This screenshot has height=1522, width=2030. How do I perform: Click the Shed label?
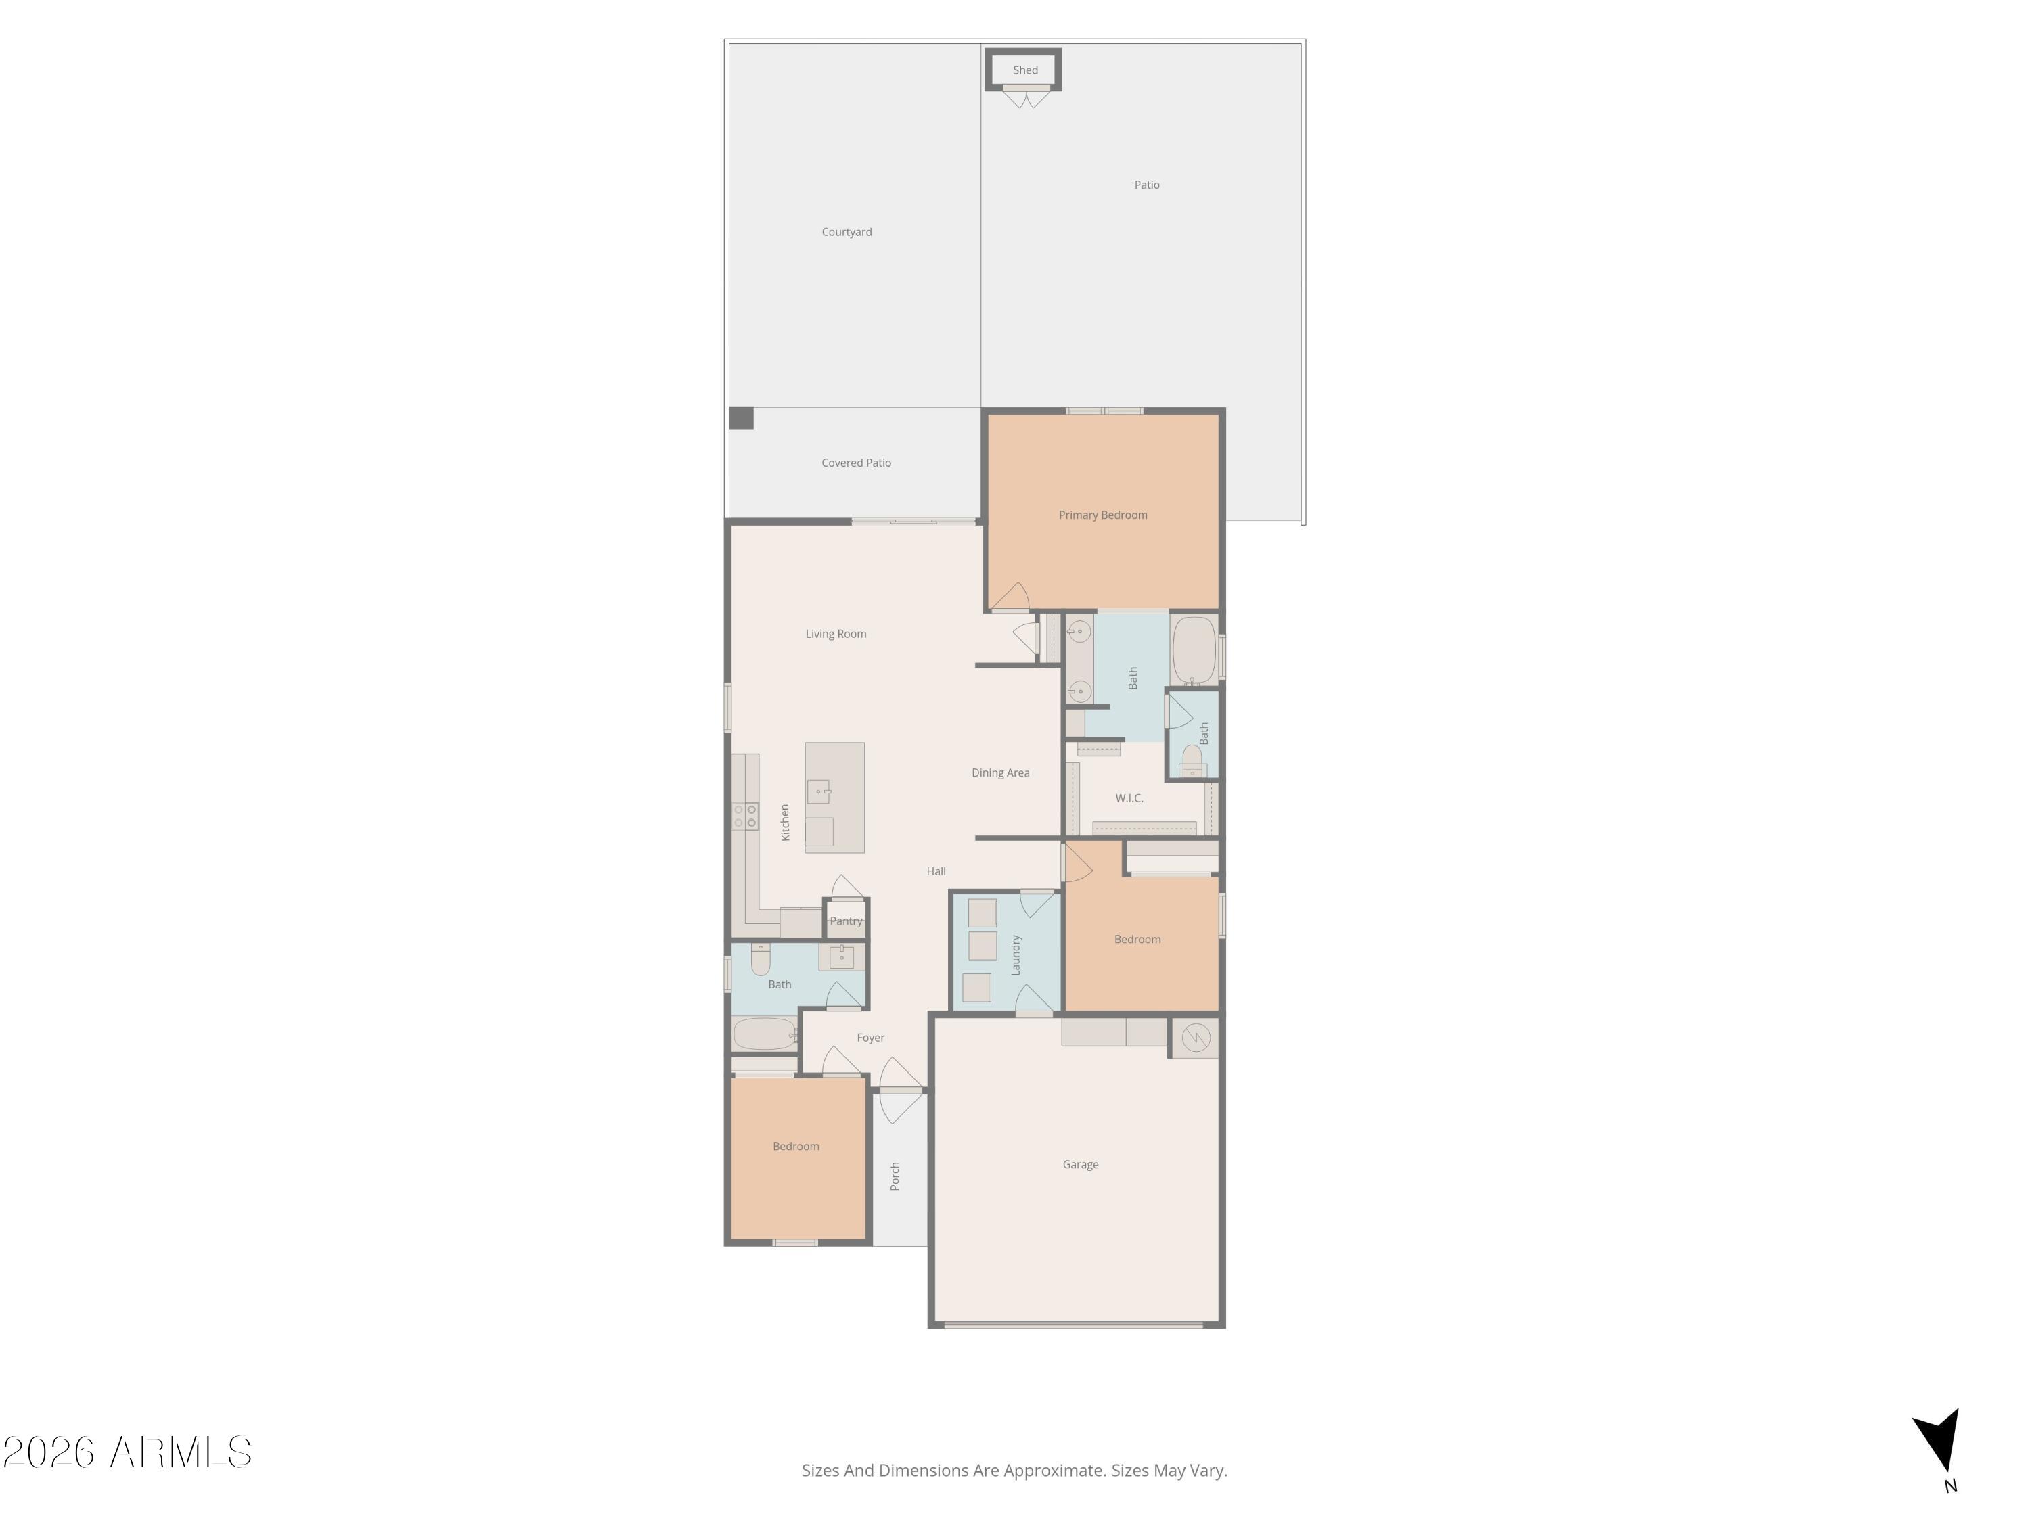(1025, 70)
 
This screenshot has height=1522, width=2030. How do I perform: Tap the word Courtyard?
(846, 232)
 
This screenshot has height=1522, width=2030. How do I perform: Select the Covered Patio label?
(855, 463)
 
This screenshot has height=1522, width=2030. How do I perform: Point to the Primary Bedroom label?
(1102, 515)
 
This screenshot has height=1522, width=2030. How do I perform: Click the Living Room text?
(835, 634)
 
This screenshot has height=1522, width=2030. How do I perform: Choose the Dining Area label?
(1000, 773)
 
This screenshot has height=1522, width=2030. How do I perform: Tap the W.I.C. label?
(1129, 798)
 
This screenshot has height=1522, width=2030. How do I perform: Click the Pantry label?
(845, 921)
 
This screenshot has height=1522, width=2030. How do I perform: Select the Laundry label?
(1016, 955)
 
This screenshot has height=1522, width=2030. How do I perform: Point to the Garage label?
(1080, 1165)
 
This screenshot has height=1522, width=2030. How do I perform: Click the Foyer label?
(870, 1038)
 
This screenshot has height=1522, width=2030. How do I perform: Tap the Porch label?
(895, 1176)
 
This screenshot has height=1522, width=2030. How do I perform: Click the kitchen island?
(834, 798)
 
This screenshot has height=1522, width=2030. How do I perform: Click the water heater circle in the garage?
(1196, 1038)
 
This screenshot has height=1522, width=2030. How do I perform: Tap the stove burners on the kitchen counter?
(745, 816)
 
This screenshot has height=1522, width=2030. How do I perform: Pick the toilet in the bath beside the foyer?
(761, 959)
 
